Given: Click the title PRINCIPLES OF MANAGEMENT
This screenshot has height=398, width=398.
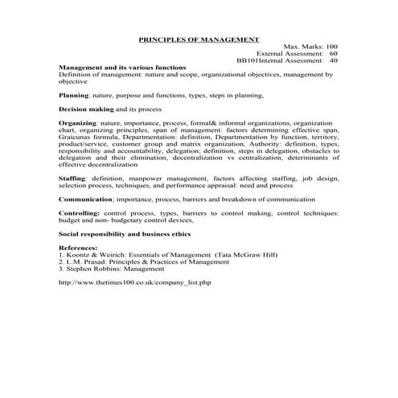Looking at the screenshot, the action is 199,38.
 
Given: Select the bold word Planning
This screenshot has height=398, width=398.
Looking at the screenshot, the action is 75,95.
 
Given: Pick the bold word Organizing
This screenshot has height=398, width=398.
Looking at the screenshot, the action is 78,122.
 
